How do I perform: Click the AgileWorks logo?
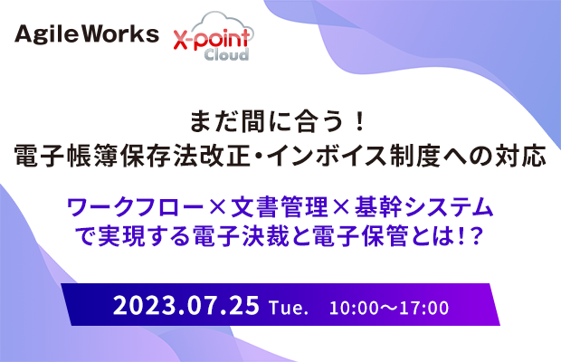pos(87,34)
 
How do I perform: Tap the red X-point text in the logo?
pos(212,39)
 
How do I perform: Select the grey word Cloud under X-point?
pos(226,54)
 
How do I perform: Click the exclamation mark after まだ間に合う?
pos(360,121)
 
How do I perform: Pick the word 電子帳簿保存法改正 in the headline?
pos(132,156)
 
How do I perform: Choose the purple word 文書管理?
pos(279,207)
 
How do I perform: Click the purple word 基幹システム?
pos(424,207)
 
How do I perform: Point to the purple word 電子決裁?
pos(241,236)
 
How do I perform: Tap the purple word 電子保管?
pos(361,236)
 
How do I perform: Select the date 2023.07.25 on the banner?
pos(186,305)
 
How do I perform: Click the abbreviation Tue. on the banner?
pos(289,308)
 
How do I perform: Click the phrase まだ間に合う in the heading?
pos(267,121)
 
